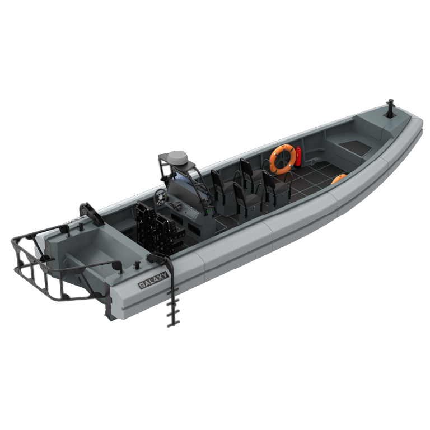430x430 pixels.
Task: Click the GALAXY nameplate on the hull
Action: [153, 280]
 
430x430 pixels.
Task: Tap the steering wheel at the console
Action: [160, 197]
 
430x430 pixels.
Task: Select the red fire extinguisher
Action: [298, 156]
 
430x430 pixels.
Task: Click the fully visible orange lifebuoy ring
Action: [283, 160]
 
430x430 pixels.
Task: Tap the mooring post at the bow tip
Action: [390, 108]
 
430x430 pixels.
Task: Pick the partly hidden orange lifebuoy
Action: [338, 179]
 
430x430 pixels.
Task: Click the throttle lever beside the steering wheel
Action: [177, 205]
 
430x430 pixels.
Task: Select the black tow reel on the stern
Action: [91, 214]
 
